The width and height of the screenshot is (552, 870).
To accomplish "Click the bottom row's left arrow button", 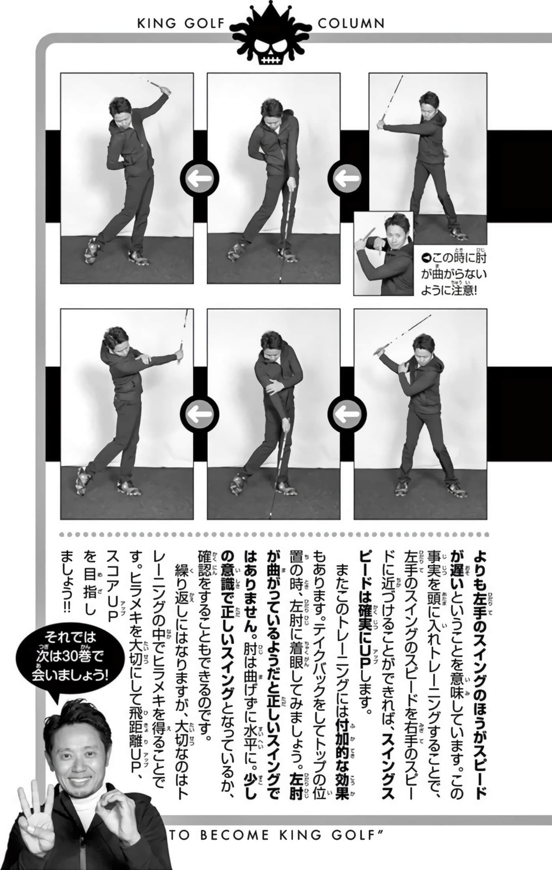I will coord(199,414).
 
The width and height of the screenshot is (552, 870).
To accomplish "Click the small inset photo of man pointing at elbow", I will coord(383,253).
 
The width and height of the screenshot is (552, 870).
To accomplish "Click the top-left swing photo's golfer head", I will coord(121,110).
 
